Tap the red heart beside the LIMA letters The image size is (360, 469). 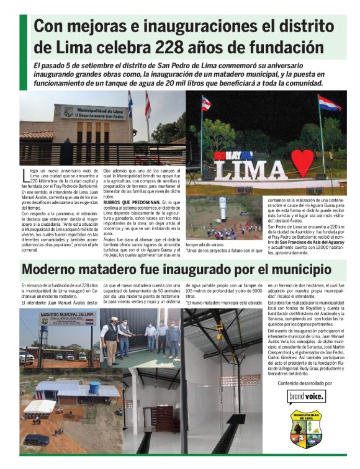[x=302, y=163]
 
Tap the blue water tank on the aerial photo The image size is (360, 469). [x=94, y=387]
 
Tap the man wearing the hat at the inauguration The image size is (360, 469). [x=112, y=334]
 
